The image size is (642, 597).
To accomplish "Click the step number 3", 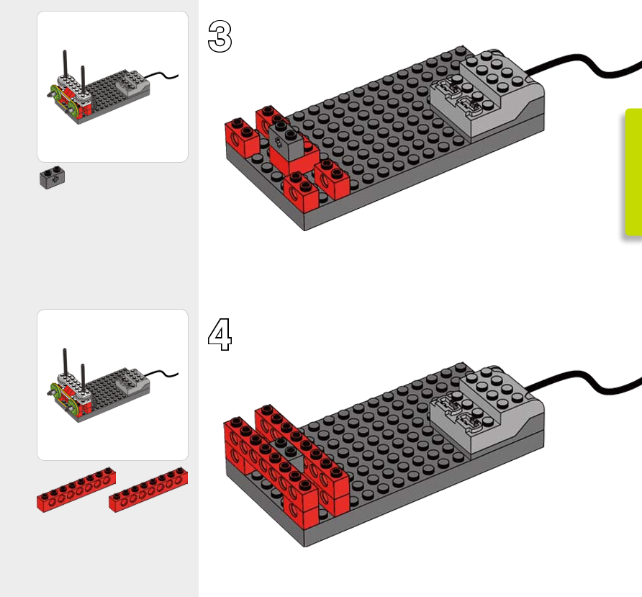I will pyautogui.click(x=220, y=36).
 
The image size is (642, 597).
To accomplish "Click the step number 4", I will pyautogui.click(x=220, y=335).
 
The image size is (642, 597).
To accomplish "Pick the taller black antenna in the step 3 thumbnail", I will pyautogui.click(x=65, y=68).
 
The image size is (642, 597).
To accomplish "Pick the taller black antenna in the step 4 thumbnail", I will pyautogui.click(x=65, y=367).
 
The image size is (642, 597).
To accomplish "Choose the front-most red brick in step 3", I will pyautogui.click(x=301, y=189).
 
